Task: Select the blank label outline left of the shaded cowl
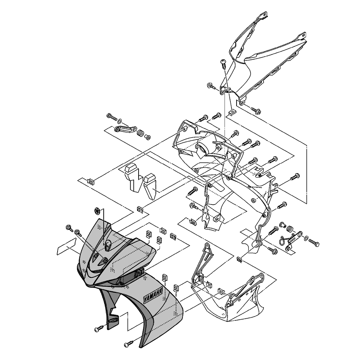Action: pos(64,248)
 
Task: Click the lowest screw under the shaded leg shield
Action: pos(129,343)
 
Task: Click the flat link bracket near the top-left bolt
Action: pos(125,129)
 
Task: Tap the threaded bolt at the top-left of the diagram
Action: pos(111,117)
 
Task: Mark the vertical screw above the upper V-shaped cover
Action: pos(224,65)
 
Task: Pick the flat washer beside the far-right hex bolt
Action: pos(306,238)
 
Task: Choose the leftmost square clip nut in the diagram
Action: pos(91,181)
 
